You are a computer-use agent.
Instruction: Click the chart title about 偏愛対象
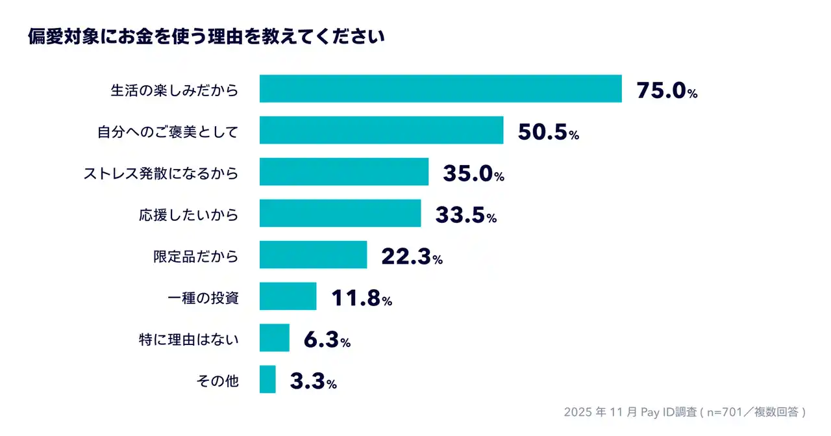point(206,37)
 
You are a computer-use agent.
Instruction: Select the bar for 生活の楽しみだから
point(440,89)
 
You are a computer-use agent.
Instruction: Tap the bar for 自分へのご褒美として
point(381,130)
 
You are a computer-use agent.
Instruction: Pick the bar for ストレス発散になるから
point(344,172)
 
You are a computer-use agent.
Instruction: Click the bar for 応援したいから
point(340,213)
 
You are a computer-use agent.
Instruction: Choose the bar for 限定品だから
point(313,255)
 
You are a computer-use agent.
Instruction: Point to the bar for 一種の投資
point(288,296)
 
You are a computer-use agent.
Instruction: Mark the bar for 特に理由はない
point(274,338)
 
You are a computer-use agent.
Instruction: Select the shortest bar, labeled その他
point(267,379)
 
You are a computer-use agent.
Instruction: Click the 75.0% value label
point(667,90)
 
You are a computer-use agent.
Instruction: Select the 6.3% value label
point(327,340)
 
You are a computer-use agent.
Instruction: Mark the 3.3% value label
point(313,381)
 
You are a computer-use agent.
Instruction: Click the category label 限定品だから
point(195,256)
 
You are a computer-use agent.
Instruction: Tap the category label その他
point(217,381)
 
